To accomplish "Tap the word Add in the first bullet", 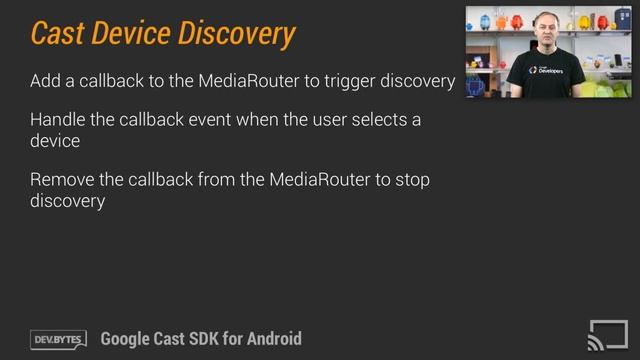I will (46, 81).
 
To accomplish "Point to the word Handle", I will (59, 120).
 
